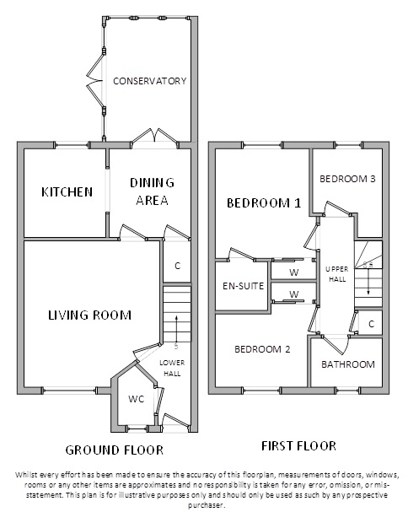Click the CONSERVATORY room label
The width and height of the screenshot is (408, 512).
tap(150, 81)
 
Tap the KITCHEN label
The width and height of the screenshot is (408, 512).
tap(67, 192)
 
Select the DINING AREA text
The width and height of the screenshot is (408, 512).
tap(152, 191)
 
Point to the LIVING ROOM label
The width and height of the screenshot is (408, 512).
tap(89, 315)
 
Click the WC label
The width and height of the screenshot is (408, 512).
tap(136, 399)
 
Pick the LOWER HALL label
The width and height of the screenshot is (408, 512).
tap(172, 368)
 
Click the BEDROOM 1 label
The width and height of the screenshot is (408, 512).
tap(264, 203)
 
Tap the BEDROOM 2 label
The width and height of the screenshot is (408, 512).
tap(262, 349)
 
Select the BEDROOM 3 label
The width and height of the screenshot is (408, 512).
tap(347, 179)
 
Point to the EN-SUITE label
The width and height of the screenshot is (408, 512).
tap(243, 286)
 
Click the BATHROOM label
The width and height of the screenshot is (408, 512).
tap(348, 364)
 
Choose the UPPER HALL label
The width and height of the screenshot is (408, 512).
tap(337, 274)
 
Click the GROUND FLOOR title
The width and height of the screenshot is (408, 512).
tap(115, 450)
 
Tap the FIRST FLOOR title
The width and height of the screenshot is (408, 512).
tap(298, 446)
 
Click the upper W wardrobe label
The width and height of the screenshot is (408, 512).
tap(294, 272)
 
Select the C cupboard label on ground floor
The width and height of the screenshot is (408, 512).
tap(178, 266)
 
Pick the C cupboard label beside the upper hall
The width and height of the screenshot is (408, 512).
tap(371, 324)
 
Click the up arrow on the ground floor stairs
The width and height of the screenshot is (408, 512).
tap(176, 329)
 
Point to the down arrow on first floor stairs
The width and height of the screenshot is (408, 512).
tap(368, 280)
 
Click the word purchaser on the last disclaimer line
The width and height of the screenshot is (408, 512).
tap(207, 505)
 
